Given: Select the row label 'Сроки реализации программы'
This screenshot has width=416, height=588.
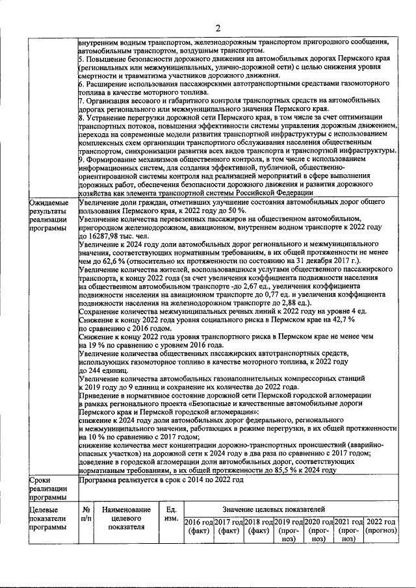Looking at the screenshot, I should (47, 489).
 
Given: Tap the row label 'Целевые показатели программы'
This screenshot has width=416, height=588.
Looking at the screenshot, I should (47, 518).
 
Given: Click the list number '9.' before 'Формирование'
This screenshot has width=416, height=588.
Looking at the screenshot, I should (81, 168).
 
